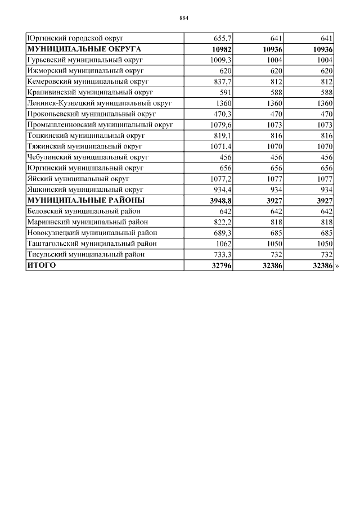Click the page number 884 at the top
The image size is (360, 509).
click(x=183, y=18)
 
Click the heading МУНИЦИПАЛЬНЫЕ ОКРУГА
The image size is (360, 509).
click(x=84, y=49)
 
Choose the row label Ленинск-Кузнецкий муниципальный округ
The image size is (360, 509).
click(x=99, y=103)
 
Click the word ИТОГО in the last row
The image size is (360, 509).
click(x=42, y=265)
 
